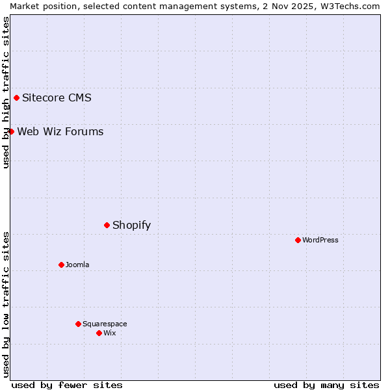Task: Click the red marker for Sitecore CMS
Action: click(x=17, y=98)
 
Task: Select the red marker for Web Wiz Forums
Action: click(x=11, y=131)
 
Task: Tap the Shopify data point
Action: click(x=107, y=225)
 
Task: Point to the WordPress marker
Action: click(x=298, y=240)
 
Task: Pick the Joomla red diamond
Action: click(x=62, y=265)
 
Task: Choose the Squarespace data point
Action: click(x=79, y=324)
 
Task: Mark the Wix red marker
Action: click(x=99, y=333)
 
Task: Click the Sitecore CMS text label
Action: click(x=57, y=98)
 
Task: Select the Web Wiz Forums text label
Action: click(x=60, y=131)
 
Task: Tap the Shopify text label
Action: click(x=131, y=225)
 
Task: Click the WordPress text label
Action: click(x=320, y=240)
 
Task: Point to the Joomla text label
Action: click(x=77, y=265)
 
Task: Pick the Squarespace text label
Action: click(x=105, y=324)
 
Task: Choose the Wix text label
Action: click(x=109, y=333)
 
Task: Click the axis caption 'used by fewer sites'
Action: click(x=67, y=385)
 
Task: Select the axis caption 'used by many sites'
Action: click(x=326, y=385)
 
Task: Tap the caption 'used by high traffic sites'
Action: click(x=6, y=92)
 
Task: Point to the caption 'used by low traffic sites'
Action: click(x=6, y=304)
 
